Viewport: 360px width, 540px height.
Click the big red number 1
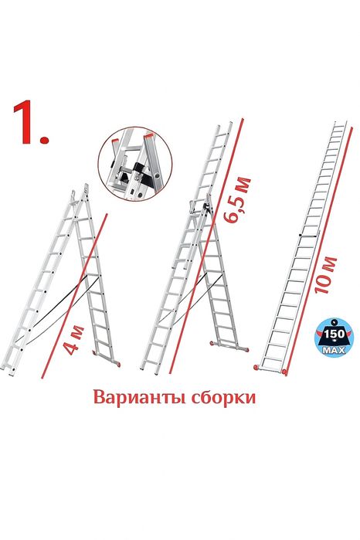pos(30,123)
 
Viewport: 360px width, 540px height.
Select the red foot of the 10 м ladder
pos(284,372)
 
